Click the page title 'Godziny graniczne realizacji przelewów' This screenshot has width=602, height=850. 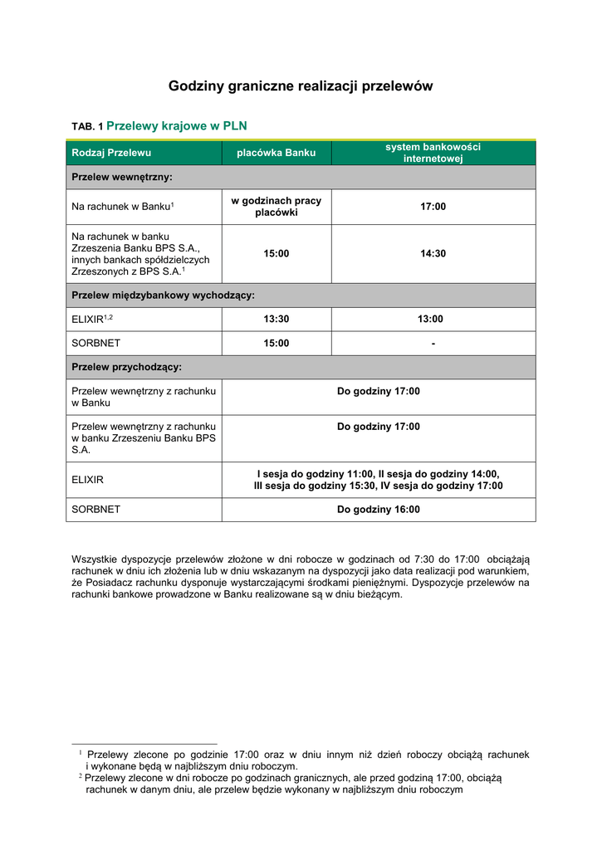[x=301, y=86]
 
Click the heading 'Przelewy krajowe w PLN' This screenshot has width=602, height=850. [x=177, y=126]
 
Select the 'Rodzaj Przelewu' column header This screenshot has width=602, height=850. [x=111, y=153]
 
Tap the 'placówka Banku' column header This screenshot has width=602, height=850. [x=277, y=153]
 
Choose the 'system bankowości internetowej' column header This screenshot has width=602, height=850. [x=433, y=153]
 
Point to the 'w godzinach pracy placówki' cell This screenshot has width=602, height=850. [x=277, y=207]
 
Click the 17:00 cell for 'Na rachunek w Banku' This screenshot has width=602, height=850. [x=433, y=207]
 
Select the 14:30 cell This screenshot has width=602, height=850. [x=433, y=254]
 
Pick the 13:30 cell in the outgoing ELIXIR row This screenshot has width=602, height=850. [x=277, y=320]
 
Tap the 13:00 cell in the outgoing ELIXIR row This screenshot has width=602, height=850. [x=433, y=320]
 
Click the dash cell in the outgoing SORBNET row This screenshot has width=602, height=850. [x=433, y=344]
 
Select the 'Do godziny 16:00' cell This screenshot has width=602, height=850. [x=378, y=510]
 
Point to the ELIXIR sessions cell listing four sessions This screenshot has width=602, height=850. [x=378, y=480]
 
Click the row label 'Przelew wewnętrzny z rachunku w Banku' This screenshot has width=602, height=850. [x=144, y=397]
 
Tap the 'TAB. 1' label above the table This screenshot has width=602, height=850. [x=87, y=127]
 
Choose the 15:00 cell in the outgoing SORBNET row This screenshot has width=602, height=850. [x=277, y=344]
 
